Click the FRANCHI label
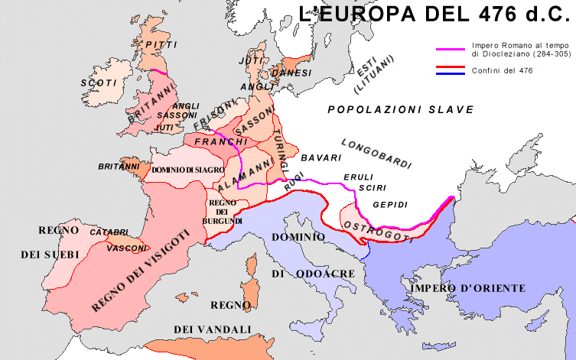(222, 142)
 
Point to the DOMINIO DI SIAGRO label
(187, 168)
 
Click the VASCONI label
(129, 248)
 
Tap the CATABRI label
(109, 231)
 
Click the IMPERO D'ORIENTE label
(467, 288)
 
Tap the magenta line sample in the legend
(451, 49)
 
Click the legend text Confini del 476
(502, 70)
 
